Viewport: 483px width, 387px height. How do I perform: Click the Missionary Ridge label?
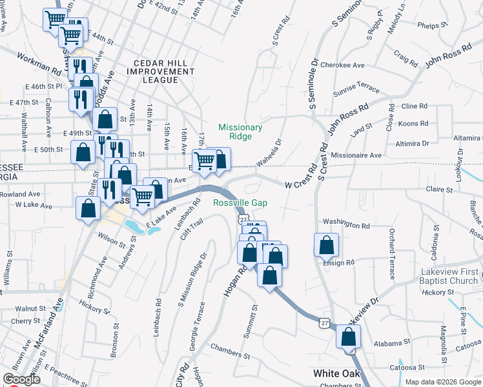(240, 132)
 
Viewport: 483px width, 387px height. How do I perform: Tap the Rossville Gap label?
(240, 203)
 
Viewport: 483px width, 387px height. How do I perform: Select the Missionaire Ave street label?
(356, 155)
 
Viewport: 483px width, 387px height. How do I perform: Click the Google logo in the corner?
(21, 379)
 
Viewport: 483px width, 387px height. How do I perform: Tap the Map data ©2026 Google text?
(443, 382)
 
